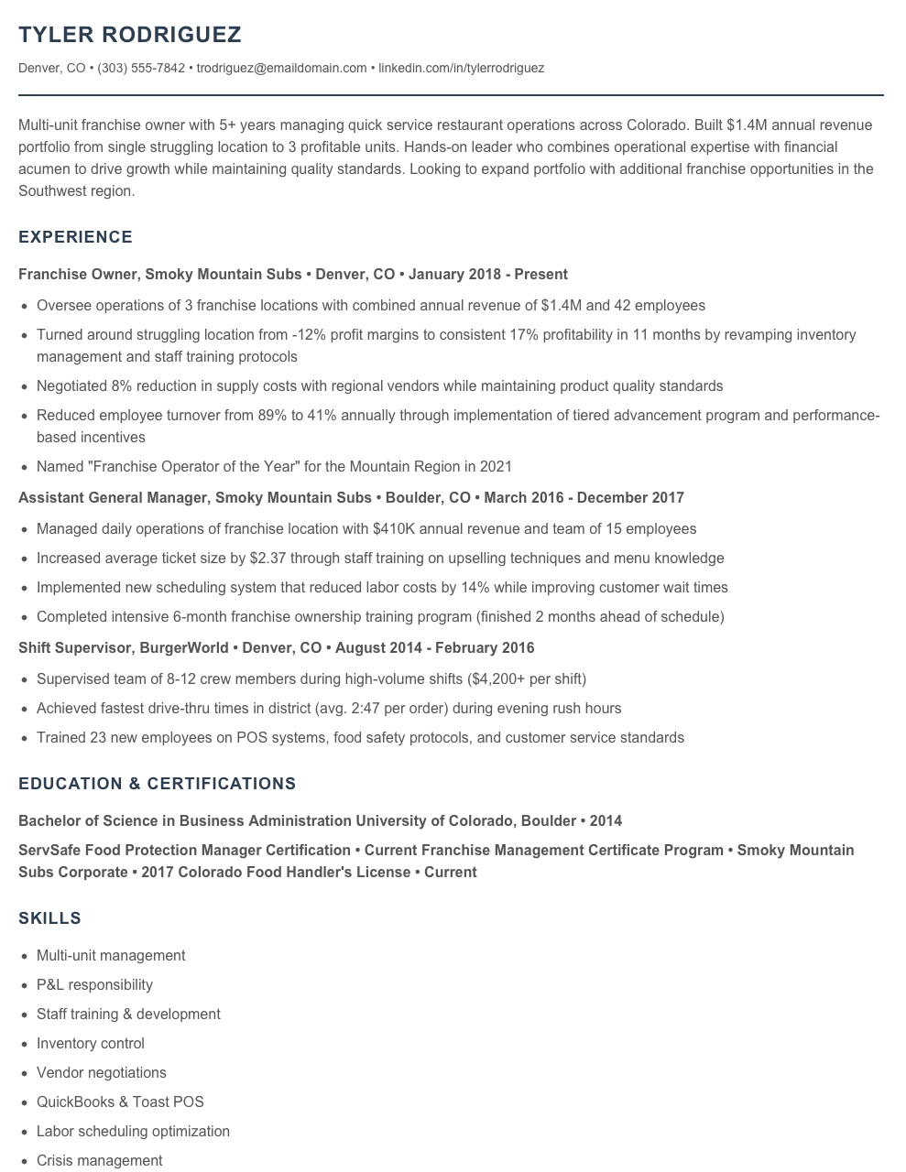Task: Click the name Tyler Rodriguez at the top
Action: [x=130, y=35]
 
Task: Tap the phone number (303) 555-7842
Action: [x=141, y=68]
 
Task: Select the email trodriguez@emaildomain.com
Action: [x=281, y=68]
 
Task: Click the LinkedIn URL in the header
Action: [x=461, y=68]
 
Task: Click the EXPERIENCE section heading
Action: [x=75, y=237]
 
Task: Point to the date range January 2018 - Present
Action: [x=487, y=274]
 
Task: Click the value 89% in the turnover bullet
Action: [x=272, y=415]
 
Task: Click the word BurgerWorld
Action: [x=184, y=647]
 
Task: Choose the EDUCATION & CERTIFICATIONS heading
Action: [x=157, y=784]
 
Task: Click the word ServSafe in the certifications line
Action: [x=49, y=850]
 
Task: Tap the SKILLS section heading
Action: [x=49, y=918]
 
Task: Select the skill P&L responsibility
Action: [x=94, y=984]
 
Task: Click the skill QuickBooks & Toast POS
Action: [x=120, y=1101]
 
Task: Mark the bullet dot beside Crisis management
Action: [x=24, y=1160]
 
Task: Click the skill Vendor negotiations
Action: [x=101, y=1072]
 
